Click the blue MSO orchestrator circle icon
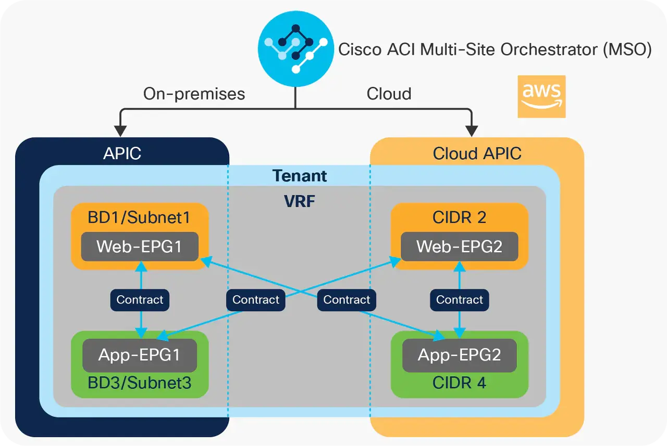[x=295, y=49]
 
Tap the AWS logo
[x=541, y=97]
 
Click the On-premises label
[x=194, y=94]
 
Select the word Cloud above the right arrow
[x=389, y=94]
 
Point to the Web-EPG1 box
[x=140, y=246]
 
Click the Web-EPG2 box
[x=459, y=246]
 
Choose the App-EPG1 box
[x=139, y=355]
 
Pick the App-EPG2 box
[x=459, y=355]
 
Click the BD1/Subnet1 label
[x=139, y=217]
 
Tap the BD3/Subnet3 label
[x=139, y=384]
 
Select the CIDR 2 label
[x=459, y=217]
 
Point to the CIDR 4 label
[x=459, y=384]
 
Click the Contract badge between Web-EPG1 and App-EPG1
[x=140, y=300]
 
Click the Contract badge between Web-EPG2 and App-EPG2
[x=459, y=300]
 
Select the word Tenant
[x=300, y=176]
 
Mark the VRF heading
[x=300, y=201]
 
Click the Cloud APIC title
[x=477, y=154]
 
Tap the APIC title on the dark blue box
[x=122, y=154]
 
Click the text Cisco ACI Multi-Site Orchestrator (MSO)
[x=495, y=49]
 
